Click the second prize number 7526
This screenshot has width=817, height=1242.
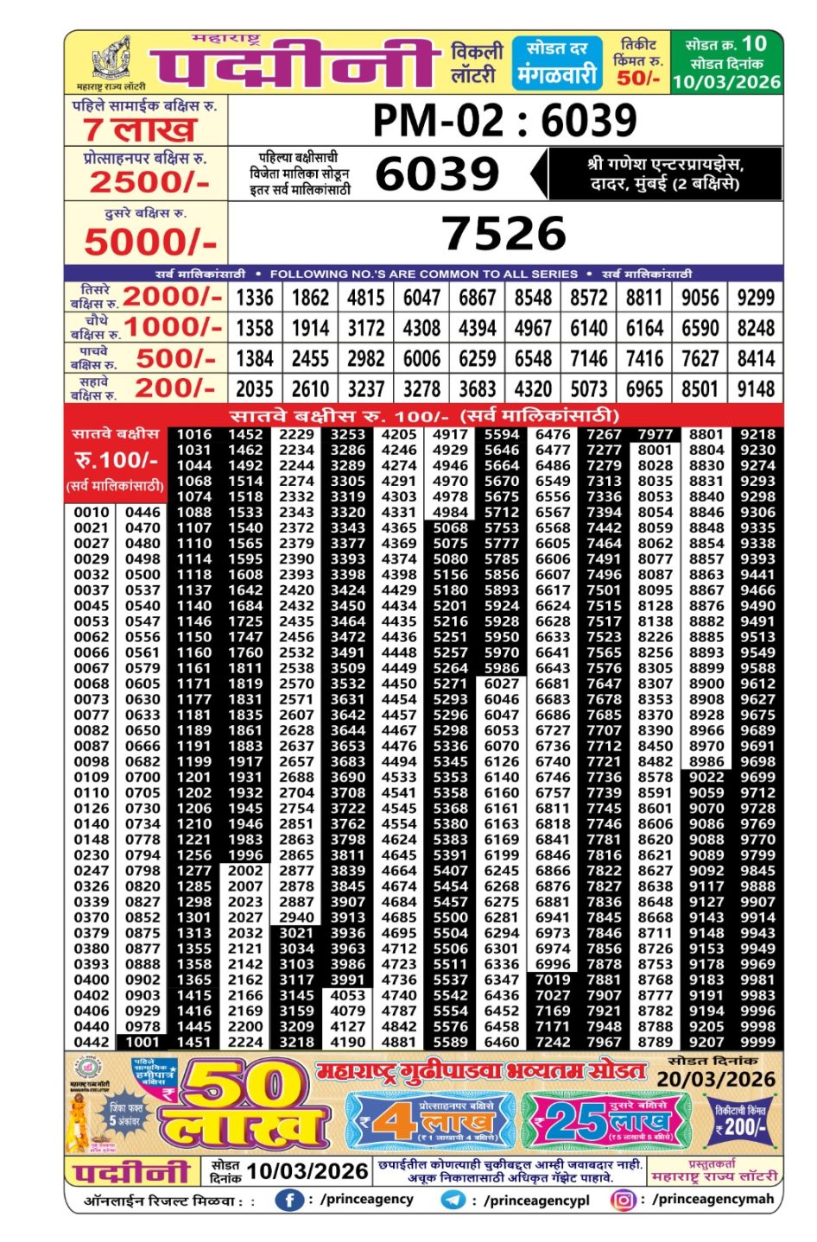coord(504,233)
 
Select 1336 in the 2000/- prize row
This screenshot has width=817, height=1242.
coord(255,298)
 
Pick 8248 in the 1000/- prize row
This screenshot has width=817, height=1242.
coord(756,328)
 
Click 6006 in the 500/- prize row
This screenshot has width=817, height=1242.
coord(421,358)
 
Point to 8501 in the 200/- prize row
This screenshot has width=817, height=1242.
coord(700,388)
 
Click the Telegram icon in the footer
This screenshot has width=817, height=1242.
coord(453,1200)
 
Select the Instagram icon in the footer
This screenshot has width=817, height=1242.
coord(622,1200)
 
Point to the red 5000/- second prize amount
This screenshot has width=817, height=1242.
coord(149,242)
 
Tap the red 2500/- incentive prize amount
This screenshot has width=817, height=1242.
coord(149,181)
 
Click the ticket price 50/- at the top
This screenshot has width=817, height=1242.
coord(637,78)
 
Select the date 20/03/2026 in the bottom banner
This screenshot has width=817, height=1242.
coord(716,1079)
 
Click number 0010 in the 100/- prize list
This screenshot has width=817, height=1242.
coord(91,512)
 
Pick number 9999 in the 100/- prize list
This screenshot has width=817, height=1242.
coord(757,1042)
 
